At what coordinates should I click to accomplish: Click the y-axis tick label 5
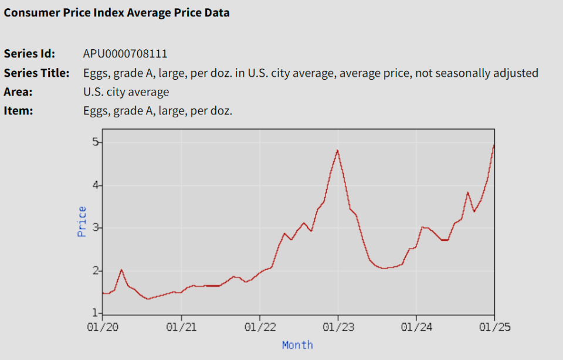[x=94, y=142]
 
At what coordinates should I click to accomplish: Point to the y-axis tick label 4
[x=94, y=185]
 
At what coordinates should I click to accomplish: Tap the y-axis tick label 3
[x=94, y=227]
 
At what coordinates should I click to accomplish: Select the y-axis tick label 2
[x=94, y=270]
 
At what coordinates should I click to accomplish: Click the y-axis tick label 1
[x=94, y=313]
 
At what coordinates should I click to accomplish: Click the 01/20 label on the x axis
[x=103, y=327]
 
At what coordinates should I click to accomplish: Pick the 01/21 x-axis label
[x=181, y=327]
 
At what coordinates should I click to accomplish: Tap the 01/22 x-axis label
[x=259, y=327]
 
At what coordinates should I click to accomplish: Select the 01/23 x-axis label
[x=338, y=327]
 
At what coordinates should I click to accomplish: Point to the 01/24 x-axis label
[x=416, y=327]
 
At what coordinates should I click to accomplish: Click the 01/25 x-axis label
[x=494, y=327]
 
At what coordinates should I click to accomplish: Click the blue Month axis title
[x=297, y=345]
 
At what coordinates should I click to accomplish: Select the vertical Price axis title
[x=82, y=221]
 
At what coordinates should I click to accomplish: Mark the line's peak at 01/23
[x=338, y=151]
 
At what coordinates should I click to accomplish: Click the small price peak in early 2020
[x=121, y=270]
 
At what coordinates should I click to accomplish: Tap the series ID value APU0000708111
[x=125, y=54]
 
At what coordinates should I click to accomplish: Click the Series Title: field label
[x=37, y=73]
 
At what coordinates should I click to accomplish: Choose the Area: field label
[x=18, y=92]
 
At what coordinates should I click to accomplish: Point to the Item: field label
[x=18, y=110]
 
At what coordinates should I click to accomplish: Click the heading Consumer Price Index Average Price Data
[x=117, y=12]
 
